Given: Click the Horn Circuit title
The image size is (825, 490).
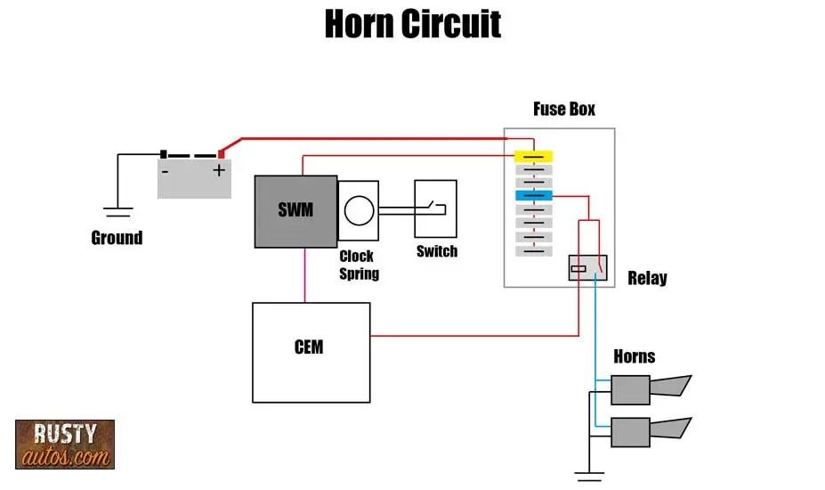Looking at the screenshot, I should (412, 24).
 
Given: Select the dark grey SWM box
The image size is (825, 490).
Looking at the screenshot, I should (295, 211).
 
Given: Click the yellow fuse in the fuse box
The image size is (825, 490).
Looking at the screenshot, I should (533, 156).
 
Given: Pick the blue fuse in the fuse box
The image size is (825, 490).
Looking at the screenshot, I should (533, 195).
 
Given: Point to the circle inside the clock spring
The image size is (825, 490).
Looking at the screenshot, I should (358, 211).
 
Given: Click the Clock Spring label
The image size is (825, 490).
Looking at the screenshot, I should (359, 265).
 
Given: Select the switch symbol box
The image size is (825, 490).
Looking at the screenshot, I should (435, 209).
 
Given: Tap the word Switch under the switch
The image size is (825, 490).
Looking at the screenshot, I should (436, 251).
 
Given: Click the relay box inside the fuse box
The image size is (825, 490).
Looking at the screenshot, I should (587, 268).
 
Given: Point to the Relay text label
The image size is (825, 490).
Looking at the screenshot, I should (647, 278).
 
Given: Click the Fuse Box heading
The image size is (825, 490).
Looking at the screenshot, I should (563, 110).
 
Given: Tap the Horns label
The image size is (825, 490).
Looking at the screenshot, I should (634, 356).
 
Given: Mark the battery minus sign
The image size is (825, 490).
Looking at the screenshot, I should (166, 169).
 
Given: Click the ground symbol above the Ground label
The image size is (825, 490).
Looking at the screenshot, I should (117, 211).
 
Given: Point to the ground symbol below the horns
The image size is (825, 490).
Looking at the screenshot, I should (588, 474).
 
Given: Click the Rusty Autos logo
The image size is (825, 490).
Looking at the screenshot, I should (65, 444).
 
